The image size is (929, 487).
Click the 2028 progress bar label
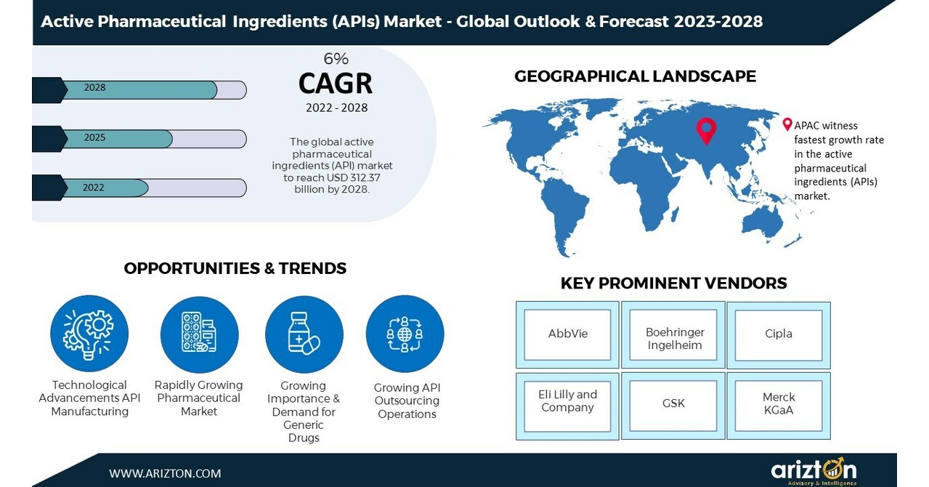(94, 88)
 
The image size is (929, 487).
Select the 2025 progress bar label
(94, 138)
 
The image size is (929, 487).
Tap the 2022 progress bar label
(94, 188)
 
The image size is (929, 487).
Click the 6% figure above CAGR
(336, 60)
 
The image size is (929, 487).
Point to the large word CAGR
(336, 84)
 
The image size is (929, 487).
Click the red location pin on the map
(705, 129)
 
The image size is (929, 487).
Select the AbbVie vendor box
(568, 334)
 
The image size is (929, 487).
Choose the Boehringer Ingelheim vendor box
(674, 338)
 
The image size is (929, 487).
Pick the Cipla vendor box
(779, 334)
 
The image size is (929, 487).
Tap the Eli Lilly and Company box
(567, 401)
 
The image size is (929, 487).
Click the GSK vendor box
(673, 403)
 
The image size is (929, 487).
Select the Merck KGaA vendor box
(779, 403)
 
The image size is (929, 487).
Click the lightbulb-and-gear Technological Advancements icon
(89, 334)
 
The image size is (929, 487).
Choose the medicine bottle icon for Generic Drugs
(304, 334)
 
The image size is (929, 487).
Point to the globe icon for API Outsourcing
(405, 334)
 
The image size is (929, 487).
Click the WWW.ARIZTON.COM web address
(165, 473)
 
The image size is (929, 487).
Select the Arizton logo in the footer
(814, 471)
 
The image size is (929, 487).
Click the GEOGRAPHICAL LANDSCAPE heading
(635, 76)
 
